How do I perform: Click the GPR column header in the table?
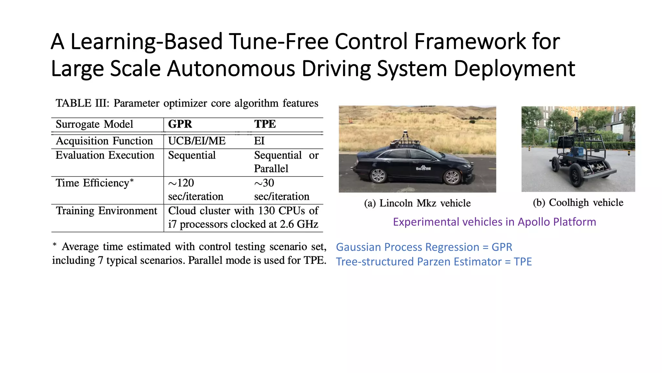(x=180, y=124)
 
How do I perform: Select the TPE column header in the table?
(x=265, y=124)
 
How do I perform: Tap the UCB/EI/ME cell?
(x=197, y=141)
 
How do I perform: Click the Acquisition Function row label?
(x=104, y=141)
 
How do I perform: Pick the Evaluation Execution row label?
(x=105, y=155)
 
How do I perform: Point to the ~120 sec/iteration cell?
(x=196, y=189)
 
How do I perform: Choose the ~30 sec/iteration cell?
(x=282, y=189)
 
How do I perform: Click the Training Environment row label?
(x=106, y=211)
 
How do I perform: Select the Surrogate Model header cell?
(x=94, y=124)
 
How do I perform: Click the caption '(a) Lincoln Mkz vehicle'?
(x=417, y=203)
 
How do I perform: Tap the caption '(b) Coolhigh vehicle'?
(x=578, y=202)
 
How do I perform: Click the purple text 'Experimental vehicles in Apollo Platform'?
(x=494, y=222)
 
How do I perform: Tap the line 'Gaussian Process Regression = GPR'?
(x=424, y=247)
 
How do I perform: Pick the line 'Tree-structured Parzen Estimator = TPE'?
(x=434, y=262)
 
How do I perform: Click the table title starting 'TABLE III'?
(x=187, y=103)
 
